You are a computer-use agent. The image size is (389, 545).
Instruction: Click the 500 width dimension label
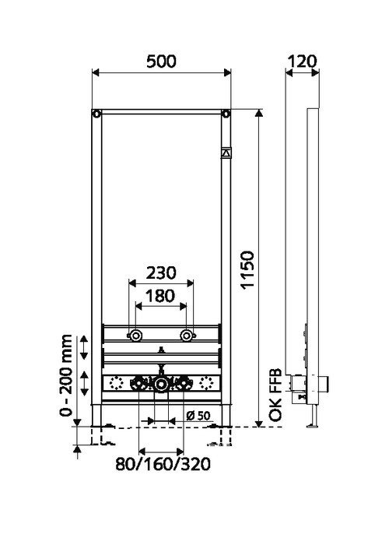pyautogui.click(x=161, y=62)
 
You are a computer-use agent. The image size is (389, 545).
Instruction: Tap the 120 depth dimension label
pyautogui.click(x=303, y=62)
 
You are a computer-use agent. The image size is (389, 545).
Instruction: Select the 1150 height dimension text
pyautogui.click(x=248, y=270)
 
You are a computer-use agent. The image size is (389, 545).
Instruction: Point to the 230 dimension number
pyautogui.click(x=161, y=272)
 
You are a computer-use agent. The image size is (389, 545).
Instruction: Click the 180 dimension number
pyautogui.click(x=160, y=296)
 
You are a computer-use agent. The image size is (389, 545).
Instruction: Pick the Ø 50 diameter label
pyautogui.click(x=198, y=415)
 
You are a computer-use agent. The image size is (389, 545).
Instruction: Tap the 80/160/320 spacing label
pyautogui.click(x=163, y=464)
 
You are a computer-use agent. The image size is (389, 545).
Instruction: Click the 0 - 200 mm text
pyautogui.click(x=65, y=375)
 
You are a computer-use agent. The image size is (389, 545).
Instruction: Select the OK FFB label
pyautogui.click(x=275, y=396)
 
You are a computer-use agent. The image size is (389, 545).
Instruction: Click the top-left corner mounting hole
pyautogui.click(x=96, y=114)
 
